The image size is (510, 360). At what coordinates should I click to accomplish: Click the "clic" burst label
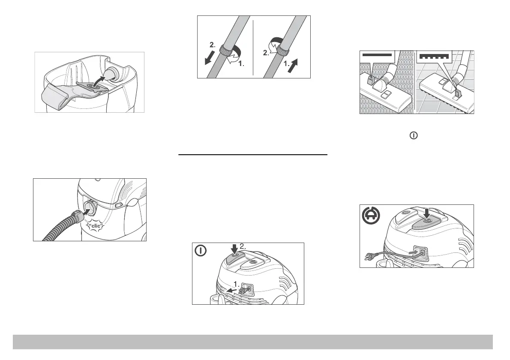pyautogui.click(x=96, y=226)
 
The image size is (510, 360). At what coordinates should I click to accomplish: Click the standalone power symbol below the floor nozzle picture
pyautogui.click(x=414, y=135)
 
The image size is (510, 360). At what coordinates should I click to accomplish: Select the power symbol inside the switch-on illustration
pyautogui.click(x=201, y=251)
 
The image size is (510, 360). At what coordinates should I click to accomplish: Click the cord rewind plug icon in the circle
pyautogui.click(x=371, y=215)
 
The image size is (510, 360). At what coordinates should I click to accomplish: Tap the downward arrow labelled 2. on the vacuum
pyautogui.click(x=234, y=249)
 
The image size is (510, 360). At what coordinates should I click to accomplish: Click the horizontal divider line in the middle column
pyautogui.click(x=253, y=155)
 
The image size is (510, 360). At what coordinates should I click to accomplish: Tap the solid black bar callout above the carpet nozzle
pyautogui.click(x=377, y=55)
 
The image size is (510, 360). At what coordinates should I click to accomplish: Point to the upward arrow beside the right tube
pyautogui.click(x=293, y=66)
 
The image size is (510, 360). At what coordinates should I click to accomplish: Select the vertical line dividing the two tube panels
pyautogui.click(x=253, y=48)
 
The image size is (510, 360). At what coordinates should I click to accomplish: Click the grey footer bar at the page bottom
pyautogui.click(x=253, y=342)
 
